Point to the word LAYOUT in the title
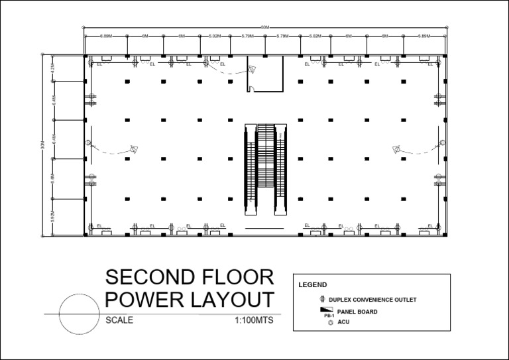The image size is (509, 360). [x=232, y=300]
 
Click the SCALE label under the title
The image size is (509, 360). [x=119, y=320]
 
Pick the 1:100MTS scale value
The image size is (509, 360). [x=254, y=320]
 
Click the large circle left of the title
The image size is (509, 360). [x=79, y=314]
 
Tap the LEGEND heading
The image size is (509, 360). [x=313, y=284]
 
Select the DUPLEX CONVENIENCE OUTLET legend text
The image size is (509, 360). [x=376, y=300]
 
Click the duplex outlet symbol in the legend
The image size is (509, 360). [x=323, y=300]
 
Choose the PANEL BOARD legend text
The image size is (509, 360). [x=357, y=312]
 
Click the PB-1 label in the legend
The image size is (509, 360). [x=329, y=316]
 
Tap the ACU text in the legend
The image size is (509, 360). [x=343, y=322]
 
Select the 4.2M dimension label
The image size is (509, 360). [x=52, y=69]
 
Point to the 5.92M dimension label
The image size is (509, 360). [x=52, y=216]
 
